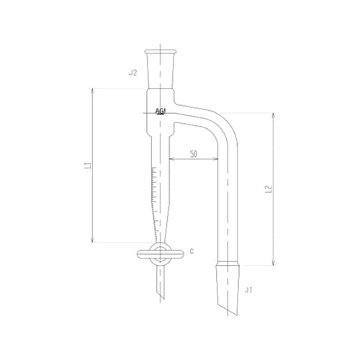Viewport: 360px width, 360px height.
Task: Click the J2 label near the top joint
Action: pos(132,73)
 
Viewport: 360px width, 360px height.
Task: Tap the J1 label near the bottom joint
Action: pos(248,290)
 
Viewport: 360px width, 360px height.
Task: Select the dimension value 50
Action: pos(194,154)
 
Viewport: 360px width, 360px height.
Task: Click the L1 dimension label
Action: pos(87,165)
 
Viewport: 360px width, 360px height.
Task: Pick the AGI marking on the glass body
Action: pos(161,112)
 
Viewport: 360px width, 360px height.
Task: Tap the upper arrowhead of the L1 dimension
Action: pos(94,89)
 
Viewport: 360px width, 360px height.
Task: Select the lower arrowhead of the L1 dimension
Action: pos(94,242)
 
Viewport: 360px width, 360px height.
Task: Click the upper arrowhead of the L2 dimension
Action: pos(273,114)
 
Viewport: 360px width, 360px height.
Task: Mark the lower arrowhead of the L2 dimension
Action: pos(273,264)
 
